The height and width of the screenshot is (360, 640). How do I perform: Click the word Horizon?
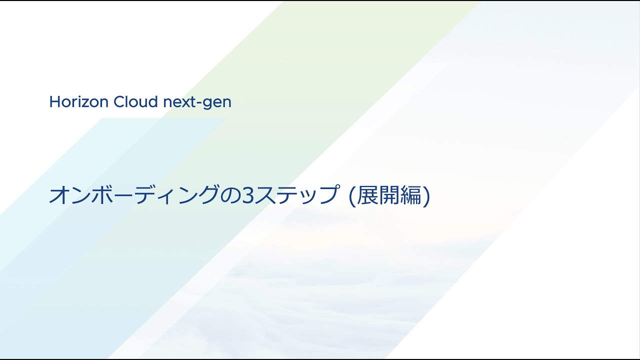(x=79, y=102)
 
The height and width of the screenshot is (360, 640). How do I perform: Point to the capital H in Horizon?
(x=54, y=102)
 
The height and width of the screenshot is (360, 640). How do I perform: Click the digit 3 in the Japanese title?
(x=246, y=195)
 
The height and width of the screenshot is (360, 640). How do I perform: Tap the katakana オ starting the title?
(x=58, y=195)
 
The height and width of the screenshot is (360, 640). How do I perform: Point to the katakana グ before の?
(x=209, y=195)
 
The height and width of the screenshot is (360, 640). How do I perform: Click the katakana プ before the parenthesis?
(x=325, y=195)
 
